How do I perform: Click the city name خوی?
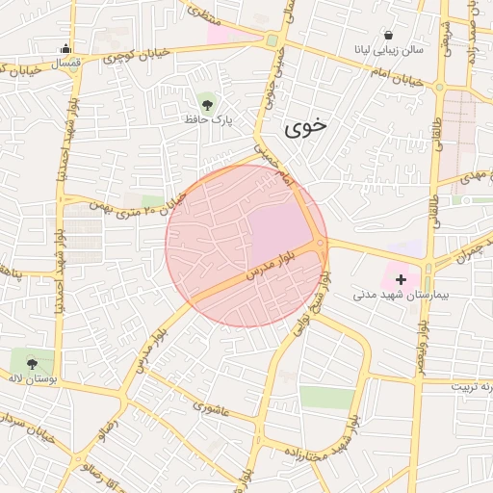(305, 125)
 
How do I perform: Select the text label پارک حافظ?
(209, 119)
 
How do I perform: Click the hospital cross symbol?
(401, 279)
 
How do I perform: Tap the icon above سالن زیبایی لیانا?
(388, 35)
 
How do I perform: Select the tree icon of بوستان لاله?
(33, 363)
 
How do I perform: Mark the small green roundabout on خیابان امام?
(272, 41)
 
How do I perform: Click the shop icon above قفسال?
(65, 49)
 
